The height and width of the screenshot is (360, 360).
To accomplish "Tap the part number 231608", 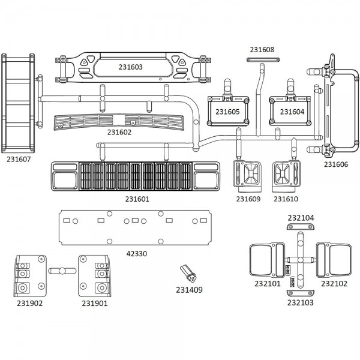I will point(262,50).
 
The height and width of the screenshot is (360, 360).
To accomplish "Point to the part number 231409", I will point(189,290).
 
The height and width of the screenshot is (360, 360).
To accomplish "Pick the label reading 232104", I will point(301,218).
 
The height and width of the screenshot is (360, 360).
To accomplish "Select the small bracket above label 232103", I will point(301,292).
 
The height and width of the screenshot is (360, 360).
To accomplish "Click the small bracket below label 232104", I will point(301,227).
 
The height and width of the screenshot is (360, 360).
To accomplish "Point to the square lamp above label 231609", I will point(247,175).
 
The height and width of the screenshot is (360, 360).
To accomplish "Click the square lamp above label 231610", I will point(285,175).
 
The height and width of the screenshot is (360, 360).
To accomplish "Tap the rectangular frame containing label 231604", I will point(292,111).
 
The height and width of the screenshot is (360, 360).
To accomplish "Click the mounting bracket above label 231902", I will point(29,275).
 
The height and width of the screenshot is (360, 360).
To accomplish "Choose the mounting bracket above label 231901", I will point(95,275).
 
